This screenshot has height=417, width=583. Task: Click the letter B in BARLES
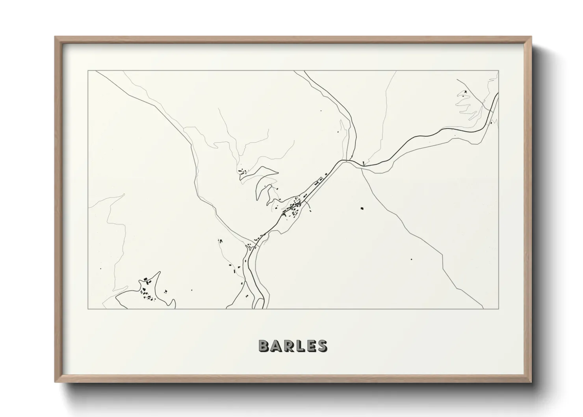(264, 346)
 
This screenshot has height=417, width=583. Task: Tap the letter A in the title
(276, 346)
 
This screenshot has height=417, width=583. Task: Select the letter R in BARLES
(288, 346)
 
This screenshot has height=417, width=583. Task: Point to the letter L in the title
(299, 346)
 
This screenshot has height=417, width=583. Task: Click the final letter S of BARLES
(321, 346)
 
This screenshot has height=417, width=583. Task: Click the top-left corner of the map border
(88, 71)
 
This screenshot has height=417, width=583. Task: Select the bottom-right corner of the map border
(499, 309)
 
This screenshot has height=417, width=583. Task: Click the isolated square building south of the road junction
(361, 208)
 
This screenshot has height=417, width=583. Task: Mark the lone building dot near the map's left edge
(101, 269)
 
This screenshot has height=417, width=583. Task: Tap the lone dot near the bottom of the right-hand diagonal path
(411, 259)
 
